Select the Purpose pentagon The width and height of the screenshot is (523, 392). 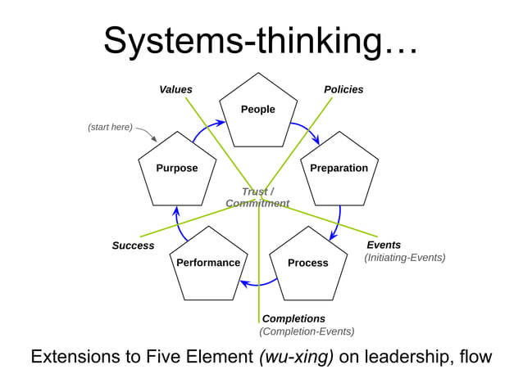point(177,169)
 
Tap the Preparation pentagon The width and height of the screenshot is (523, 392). point(339,169)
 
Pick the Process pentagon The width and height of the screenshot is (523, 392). point(307,264)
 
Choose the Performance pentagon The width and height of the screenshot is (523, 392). point(208,264)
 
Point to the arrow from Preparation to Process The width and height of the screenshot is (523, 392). point(338,221)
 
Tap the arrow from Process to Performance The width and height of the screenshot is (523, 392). point(258,283)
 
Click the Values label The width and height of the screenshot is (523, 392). point(175,89)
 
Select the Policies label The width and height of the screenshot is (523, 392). point(343,89)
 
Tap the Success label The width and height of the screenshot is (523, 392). point(133,246)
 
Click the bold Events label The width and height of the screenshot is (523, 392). point(383,245)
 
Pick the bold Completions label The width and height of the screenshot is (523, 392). point(293,318)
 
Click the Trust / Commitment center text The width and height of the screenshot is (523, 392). point(257,197)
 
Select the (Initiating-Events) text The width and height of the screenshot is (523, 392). point(404,258)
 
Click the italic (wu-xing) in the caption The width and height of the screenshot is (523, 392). point(296,358)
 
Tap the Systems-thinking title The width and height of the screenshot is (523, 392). point(261,41)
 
